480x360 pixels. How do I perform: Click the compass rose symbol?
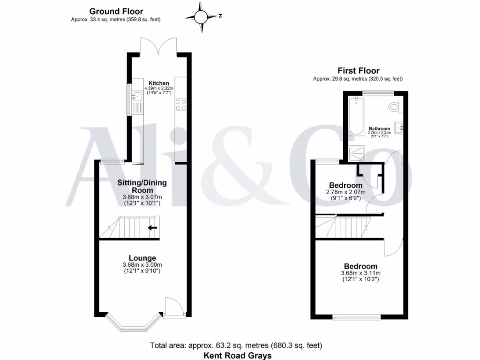click(202, 17)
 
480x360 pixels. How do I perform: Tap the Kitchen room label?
click(158, 83)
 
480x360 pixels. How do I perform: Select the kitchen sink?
click(136, 97)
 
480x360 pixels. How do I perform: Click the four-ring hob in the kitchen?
click(180, 105)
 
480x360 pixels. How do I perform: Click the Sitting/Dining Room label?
click(142, 186)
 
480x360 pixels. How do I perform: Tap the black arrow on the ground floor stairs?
click(152, 228)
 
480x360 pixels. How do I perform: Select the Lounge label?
click(142, 258)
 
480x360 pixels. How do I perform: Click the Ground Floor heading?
click(116, 11)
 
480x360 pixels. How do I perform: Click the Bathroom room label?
click(379, 128)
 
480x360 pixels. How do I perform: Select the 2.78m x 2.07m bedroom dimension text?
click(345, 192)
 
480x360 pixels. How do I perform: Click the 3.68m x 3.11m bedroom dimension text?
click(360, 273)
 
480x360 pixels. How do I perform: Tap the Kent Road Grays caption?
click(237, 355)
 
